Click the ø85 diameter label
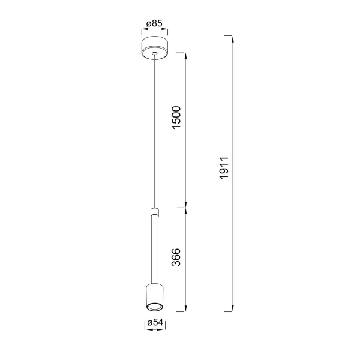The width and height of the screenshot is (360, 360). click(154, 23)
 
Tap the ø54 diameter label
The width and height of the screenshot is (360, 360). click(155, 323)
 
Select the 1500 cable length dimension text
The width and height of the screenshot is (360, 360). click(176, 118)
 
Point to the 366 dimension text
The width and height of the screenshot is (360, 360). click(176, 257)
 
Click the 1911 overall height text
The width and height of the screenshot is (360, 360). click(224, 168)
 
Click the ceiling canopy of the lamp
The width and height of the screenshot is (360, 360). click(155, 48)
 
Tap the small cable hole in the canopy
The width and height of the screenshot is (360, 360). click(155, 54)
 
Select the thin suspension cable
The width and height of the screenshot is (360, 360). click(155, 131)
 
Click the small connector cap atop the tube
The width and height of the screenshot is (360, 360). click(155, 212)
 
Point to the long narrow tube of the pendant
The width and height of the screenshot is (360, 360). click(155, 250)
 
